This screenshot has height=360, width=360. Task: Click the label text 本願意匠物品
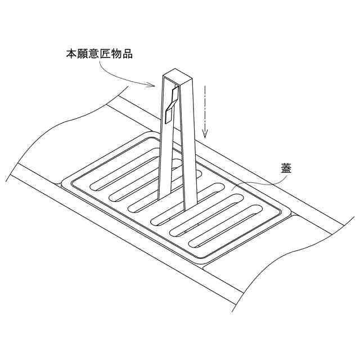pos(98,55)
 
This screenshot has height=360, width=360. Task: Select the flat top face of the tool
pos(176,76)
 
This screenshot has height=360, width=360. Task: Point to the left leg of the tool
pos(164,141)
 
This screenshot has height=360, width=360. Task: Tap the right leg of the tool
pos(190,146)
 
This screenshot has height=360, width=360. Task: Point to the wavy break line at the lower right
pos(292,259)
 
